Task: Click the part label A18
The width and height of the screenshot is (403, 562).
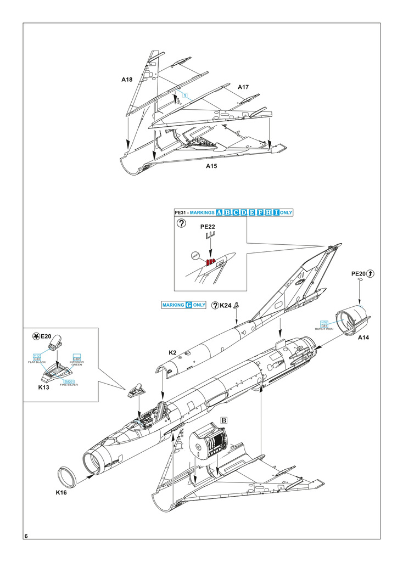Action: [x=127, y=80]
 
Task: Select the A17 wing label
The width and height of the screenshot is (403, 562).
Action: [x=243, y=87]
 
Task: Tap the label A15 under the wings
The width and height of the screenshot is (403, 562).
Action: [x=212, y=166]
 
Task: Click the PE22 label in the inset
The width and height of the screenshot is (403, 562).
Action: [x=206, y=226]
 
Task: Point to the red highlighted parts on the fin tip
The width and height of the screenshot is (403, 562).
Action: [x=209, y=261]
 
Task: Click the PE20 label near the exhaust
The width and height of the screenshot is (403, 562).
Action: [x=359, y=273]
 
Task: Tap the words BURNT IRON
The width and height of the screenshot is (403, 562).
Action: [x=324, y=329]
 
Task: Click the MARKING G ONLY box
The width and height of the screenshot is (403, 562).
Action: [x=184, y=305]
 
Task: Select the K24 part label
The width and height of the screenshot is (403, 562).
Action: [x=226, y=305]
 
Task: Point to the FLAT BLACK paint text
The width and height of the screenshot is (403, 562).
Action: [x=37, y=362]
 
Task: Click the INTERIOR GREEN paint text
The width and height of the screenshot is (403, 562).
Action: [x=76, y=363]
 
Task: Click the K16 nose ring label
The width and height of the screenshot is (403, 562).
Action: [x=61, y=492]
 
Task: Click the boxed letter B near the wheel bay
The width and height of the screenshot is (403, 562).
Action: [x=223, y=419]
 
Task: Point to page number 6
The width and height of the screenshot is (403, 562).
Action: [x=26, y=536]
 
